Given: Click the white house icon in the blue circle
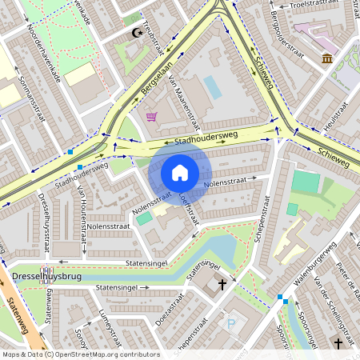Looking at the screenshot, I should click(x=180, y=172).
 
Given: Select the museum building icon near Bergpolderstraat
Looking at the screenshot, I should click(x=327, y=58).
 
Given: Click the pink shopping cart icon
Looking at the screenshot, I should click(x=151, y=117).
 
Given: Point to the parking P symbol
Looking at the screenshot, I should click(x=232, y=324).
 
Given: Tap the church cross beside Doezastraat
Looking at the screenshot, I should click(x=222, y=283).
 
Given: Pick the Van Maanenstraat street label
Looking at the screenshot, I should click(x=183, y=102).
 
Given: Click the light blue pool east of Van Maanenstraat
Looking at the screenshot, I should click(x=212, y=86).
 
